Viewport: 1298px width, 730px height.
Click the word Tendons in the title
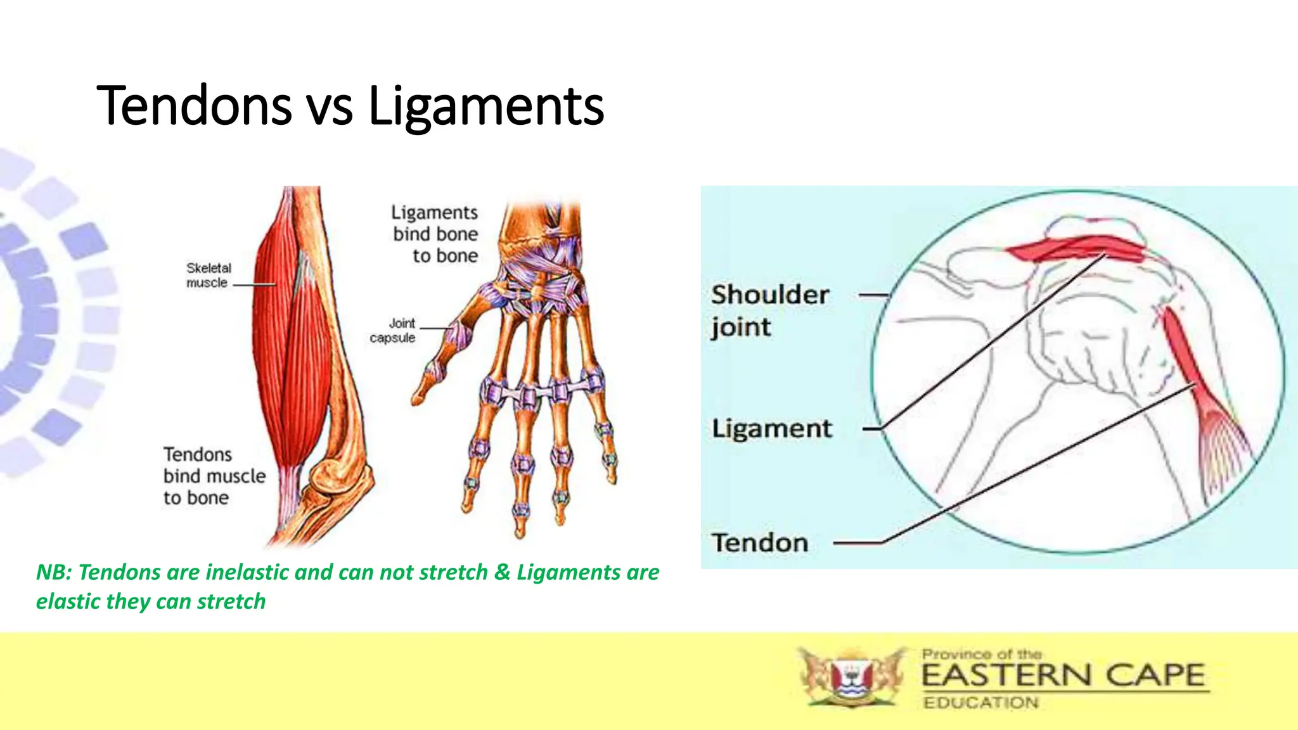[x=194, y=106]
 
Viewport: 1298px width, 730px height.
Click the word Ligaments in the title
[x=486, y=106]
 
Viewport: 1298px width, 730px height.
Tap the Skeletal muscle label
[x=209, y=275]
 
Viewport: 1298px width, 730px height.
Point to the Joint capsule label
[x=394, y=330]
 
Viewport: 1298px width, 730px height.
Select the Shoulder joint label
[x=769, y=311]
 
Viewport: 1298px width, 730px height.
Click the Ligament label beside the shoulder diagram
[x=771, y=428]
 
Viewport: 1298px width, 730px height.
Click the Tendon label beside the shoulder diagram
[x=760, y=543]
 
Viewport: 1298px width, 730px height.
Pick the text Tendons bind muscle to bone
[x=213, y=476]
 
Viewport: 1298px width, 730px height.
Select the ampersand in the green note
[x=502, y=572]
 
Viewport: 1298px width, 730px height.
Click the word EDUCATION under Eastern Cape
[x=980, y=703]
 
